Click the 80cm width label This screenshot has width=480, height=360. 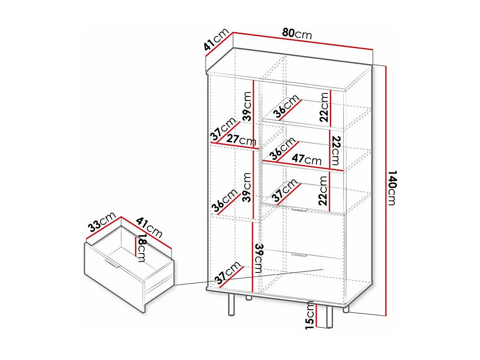(x=297, y=33)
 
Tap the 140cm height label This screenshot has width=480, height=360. (x=391, y=187)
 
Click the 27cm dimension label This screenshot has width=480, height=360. (x=241, y=140)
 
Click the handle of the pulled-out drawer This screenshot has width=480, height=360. (x=111, y=263)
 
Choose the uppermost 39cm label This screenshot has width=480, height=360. (x=247, y=106)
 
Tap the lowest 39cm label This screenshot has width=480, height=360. (x=258, y=259)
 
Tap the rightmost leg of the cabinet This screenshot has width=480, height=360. (x=346, y=309)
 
